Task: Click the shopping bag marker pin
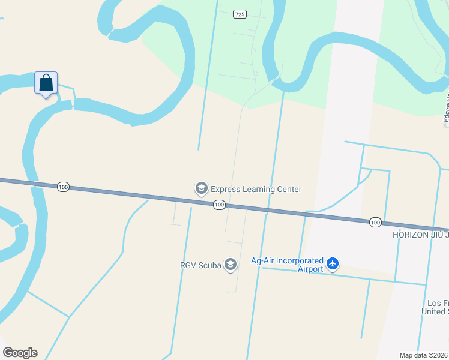[x=46, y=84]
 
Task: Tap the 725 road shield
[x=240, y=14]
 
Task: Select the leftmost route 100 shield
[x=63, y=187]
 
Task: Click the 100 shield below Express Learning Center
[x=219, y=205]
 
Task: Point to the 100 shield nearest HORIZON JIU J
[x=375, y=223]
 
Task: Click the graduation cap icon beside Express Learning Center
[x=201, y=189]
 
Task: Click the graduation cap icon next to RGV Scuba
[x=230, y=265]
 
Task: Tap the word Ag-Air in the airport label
[x=262, y=261]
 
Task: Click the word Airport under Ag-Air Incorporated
[x=310, y=269]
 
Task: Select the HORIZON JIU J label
[x=420, y=235]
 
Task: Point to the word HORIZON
[x=411, y=235]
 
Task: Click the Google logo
[x=20, y=353]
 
